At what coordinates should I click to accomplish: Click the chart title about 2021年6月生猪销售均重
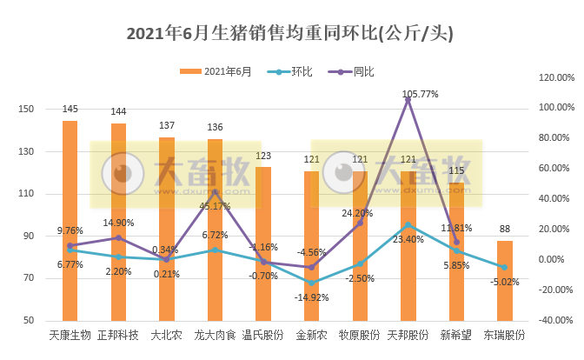291,34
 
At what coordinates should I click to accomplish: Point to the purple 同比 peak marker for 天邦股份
408,100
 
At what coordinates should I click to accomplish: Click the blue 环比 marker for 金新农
311,283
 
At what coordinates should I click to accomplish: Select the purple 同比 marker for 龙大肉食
215,192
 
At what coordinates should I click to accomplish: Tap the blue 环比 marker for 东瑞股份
504,267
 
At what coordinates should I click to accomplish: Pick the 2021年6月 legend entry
216,72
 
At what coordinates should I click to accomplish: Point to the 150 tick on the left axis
26,110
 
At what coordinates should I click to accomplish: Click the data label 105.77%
420,93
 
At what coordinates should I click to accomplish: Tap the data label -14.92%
311,297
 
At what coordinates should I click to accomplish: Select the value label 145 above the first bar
70,110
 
